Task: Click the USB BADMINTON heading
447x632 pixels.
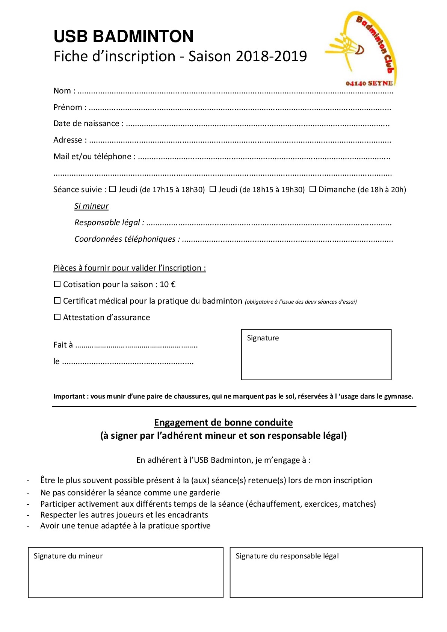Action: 124,36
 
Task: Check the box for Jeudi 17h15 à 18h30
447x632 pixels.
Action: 113,189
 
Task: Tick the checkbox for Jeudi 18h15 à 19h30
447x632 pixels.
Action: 213,189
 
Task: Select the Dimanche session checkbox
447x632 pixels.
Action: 313,189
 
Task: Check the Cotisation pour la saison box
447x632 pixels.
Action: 57,284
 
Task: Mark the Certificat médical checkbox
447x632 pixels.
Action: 57,301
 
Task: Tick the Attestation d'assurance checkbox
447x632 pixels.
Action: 57,317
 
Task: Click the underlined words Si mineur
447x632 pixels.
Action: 91,206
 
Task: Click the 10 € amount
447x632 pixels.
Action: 168,284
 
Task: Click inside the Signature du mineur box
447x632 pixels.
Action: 125,576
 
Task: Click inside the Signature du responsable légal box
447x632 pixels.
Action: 326,576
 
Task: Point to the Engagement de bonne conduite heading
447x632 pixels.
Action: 223,423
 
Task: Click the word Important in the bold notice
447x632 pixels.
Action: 69,396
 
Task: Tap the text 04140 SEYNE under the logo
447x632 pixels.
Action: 369,83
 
